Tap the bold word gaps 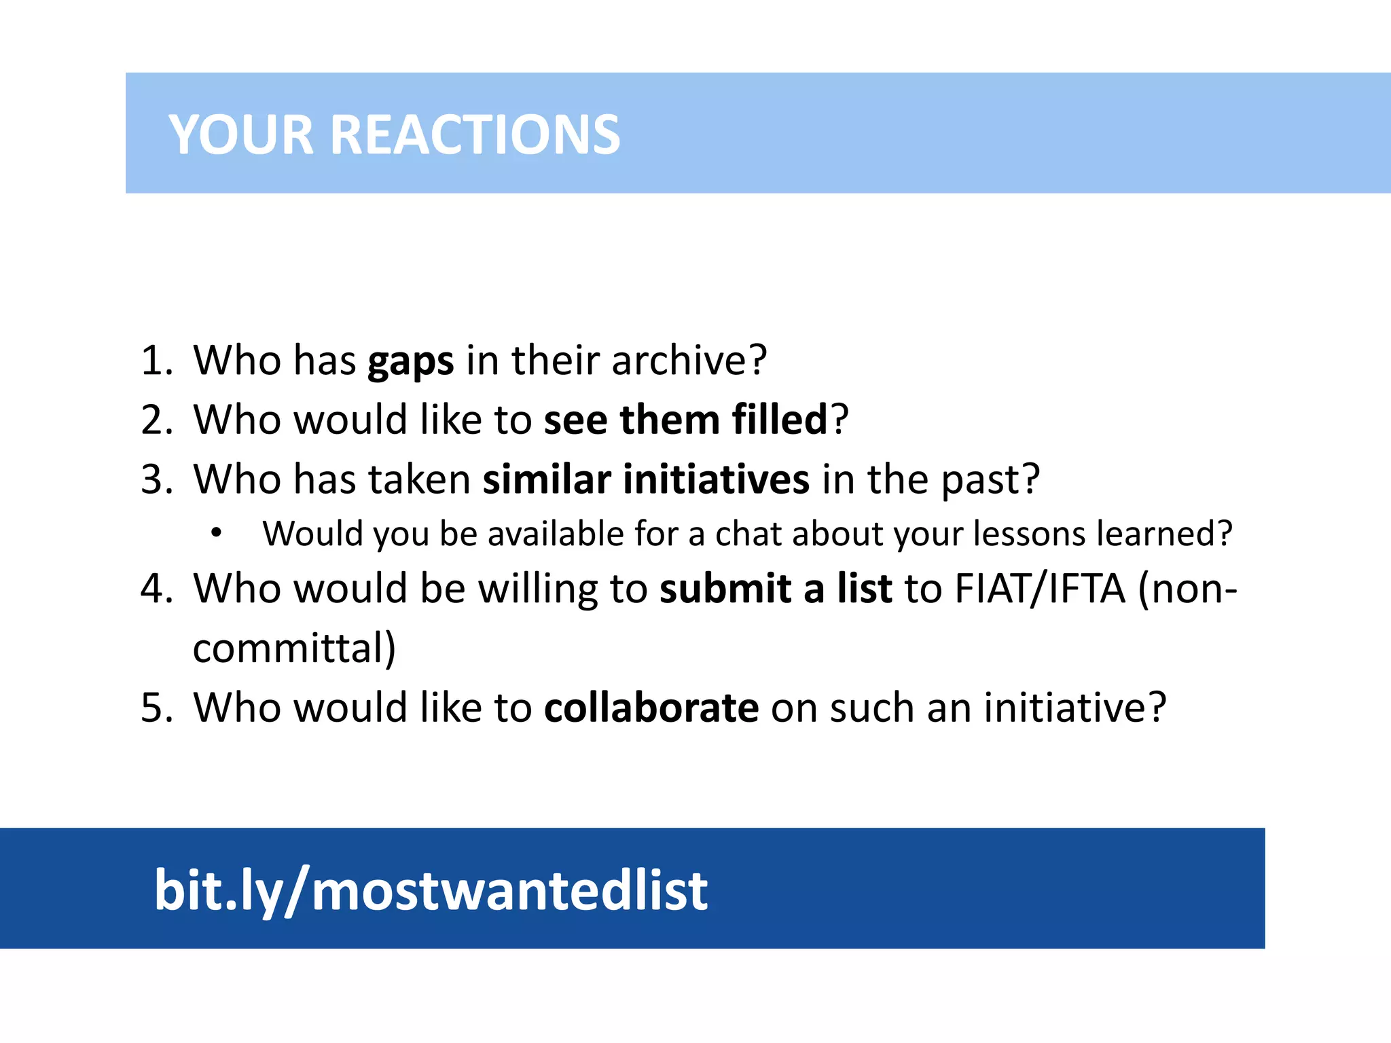[410, 361]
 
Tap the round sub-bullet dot [216, 533]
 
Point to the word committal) [294, 648]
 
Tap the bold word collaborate [651, 708]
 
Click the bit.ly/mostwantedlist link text [431, 890]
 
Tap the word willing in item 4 [537, 589]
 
